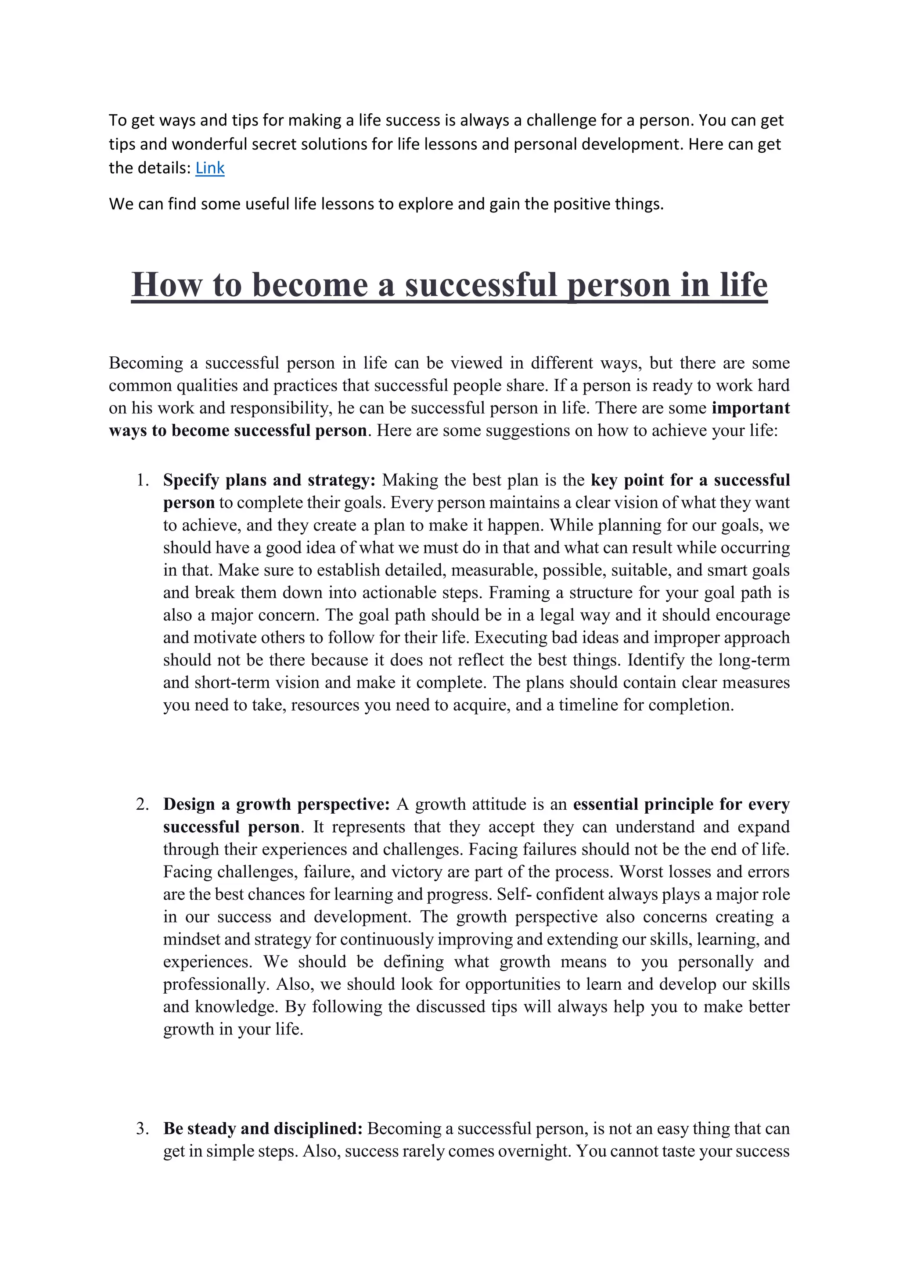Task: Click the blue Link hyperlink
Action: pyautogui.click(x=210, y=168)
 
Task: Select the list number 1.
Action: pyautogui.click(x=143, y=480)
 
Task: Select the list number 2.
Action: pyautogui.click(x=143, y=804)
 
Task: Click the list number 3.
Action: pyautogui.click(x=143, y=1129)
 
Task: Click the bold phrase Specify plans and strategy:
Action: pyautogui.click(x=269, y=480)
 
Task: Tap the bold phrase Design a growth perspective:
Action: pyautogui.click(x=276, y=804)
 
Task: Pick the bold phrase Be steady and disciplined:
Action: pyautogui.click(x=263, y=1129)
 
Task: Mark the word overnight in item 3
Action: pyautogui.click(x=534, y=1152)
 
